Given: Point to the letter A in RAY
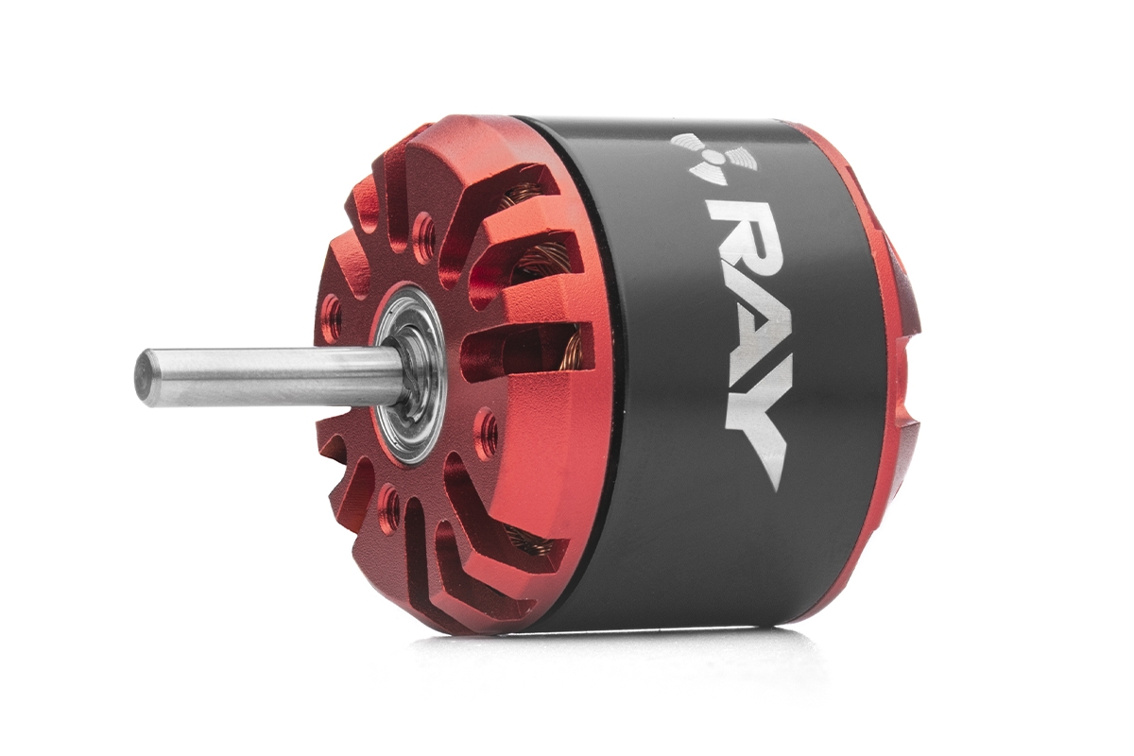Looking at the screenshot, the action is click(748, 336).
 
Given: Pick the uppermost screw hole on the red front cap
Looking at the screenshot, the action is click(424, 232).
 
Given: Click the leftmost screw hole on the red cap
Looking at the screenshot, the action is click(332, 313).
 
